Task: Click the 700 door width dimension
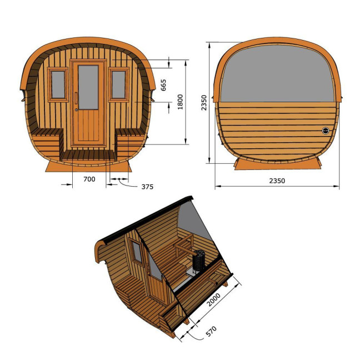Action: click(x=89, y=179)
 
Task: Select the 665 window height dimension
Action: click(x=163, y=85)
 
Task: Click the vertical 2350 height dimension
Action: click(x=204, y=102)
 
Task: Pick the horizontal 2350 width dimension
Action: click(x=276, y=181)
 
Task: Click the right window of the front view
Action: click(x=118, y=84)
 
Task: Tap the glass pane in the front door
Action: click(x=88, y=87)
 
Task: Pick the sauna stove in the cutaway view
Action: click(x=199, y=263)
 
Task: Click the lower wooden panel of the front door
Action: click(x=88, y=129)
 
